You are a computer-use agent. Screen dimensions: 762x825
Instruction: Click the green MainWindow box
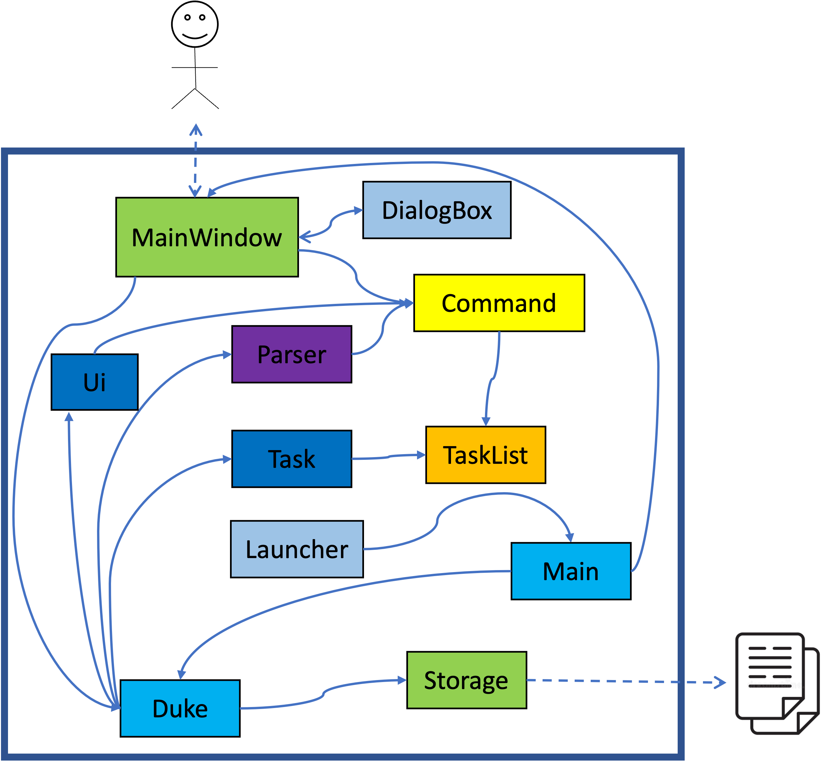point(207,237)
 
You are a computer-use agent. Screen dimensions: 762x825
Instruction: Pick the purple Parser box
point(291,354)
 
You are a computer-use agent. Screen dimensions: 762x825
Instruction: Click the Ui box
point(94,382)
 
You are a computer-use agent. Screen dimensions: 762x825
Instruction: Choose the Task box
point(291,458)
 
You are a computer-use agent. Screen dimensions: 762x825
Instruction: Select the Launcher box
point(297,549)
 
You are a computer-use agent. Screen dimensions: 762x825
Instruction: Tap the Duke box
point(180,708)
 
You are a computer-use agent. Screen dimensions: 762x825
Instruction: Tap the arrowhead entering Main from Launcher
point(570,537)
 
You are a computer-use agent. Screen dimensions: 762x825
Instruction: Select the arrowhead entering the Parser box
point(227,355)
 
